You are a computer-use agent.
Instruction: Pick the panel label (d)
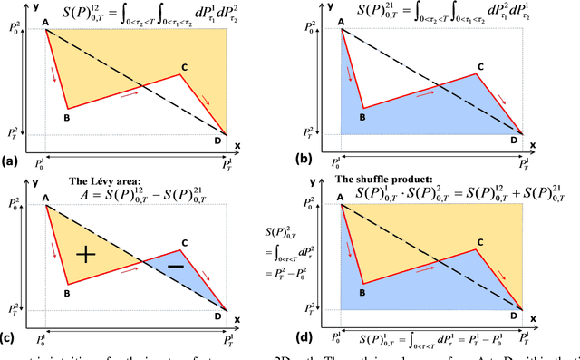(x=304, y=337)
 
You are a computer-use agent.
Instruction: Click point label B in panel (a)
(x=66, y=115)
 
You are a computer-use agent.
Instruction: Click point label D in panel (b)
(x=514, y=140)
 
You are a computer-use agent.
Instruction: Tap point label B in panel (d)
(x=361, y=292)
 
